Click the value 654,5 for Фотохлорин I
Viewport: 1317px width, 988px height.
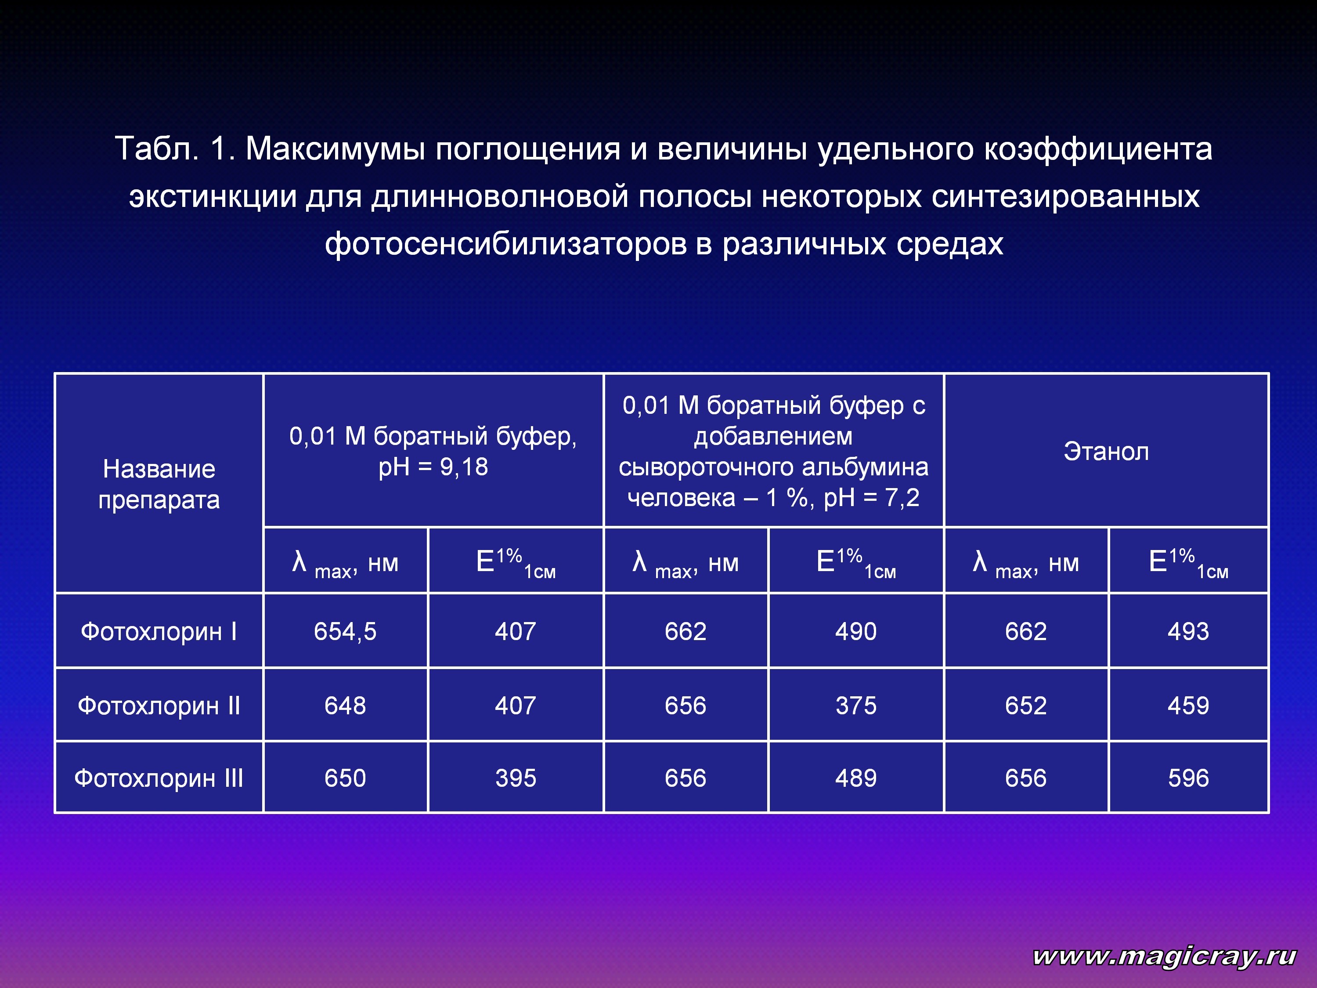click(x=345, y=632)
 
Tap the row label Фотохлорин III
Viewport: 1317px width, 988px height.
click(x=159, y=778)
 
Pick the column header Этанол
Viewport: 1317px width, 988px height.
click(x=1106, y=452)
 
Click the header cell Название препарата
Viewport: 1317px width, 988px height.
click(x=159, y=484)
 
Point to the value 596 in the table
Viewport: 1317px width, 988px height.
click(x=1188, y=778)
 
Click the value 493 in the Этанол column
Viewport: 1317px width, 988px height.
click(x=1188, y=632)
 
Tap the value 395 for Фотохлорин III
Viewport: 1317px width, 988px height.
click(x=516, y=778)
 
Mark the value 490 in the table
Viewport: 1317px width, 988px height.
click(x=856, y=632)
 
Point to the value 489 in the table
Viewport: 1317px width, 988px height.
click(x=856, y=778)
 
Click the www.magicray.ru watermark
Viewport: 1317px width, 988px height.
click(x=1165, y=956)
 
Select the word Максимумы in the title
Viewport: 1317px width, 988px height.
click(x=335, y=149)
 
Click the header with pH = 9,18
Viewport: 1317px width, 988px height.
click(x=433, y=452)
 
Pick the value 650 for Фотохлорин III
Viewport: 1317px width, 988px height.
click(x=345, y=778)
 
